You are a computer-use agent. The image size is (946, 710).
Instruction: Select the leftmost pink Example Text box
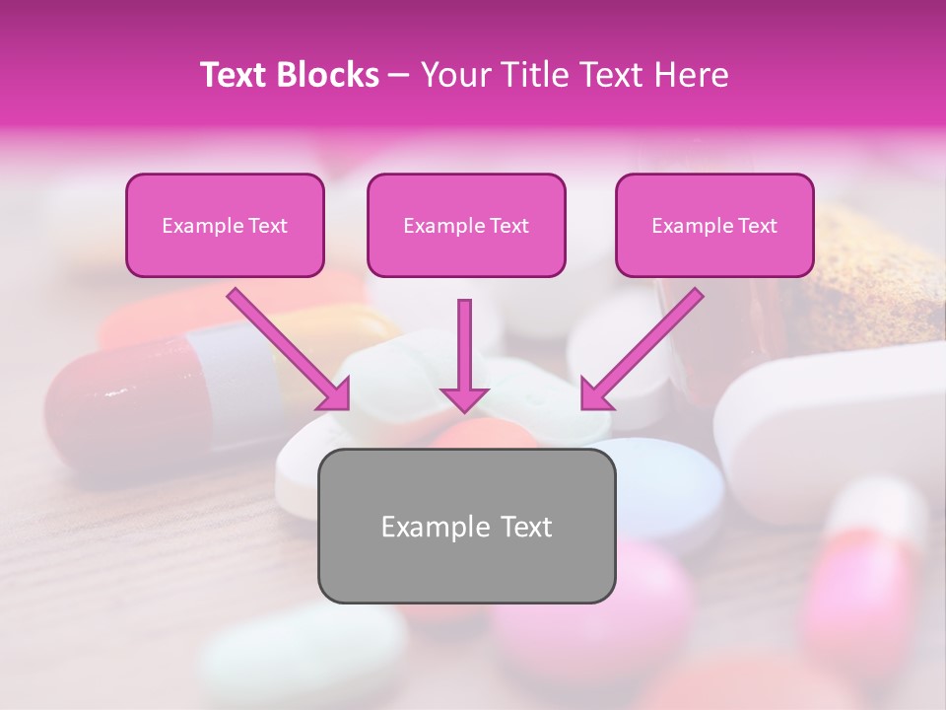225,226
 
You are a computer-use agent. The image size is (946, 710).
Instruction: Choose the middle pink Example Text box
466,226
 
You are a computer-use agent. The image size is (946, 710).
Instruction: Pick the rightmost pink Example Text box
714,226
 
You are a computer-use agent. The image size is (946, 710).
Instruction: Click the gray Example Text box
466,527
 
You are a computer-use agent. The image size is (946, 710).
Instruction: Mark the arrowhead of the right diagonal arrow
594,394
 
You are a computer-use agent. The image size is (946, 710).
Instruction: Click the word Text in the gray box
525,527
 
